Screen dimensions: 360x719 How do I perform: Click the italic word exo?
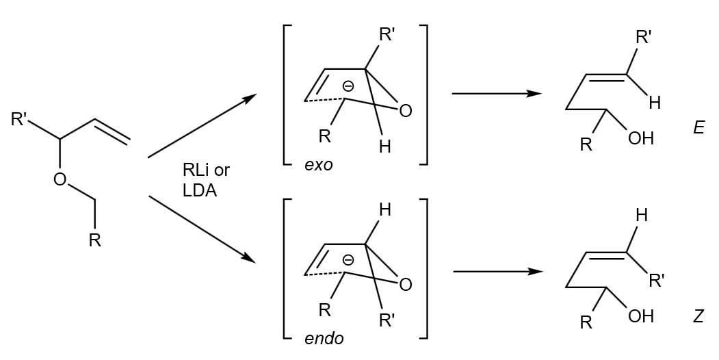coord(319,165)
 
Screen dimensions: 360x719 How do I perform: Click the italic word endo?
coord(324,338)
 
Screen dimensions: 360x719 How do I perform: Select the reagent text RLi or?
coord(206,170)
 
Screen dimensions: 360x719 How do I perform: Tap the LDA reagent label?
coord(200,191)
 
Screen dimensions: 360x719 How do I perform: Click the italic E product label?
coord(698,128)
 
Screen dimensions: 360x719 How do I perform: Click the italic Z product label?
coord(698,316)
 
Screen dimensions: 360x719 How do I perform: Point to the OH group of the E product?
coord(641,139)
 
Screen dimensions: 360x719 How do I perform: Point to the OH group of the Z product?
coord(641,316)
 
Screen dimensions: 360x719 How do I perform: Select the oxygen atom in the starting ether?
coord(60,179)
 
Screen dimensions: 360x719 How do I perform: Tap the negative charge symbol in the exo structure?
coord(348,86)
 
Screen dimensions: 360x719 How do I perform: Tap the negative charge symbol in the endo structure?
coord(348,260)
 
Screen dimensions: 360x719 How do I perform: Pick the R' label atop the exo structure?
coord(387,35)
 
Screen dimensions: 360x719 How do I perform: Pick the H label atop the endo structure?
coord(385,211)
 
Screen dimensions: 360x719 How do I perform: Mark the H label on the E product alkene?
coord(655,103)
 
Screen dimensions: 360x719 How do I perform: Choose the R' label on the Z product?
coord(657,280)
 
